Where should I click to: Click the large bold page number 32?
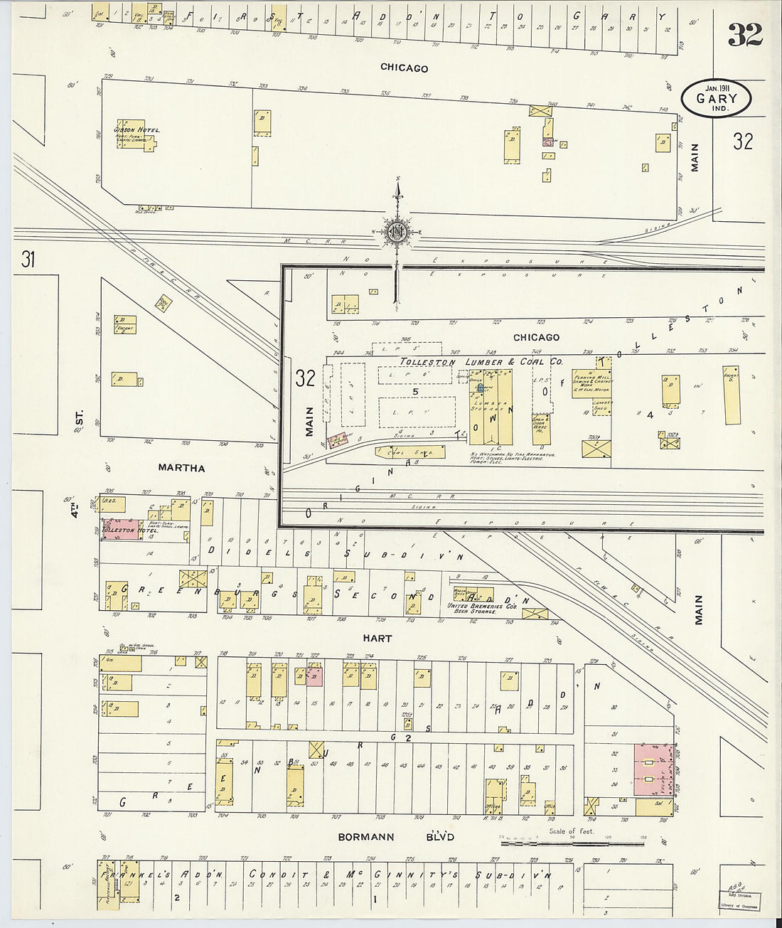[x=745, y=35]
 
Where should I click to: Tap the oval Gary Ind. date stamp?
[x=716, y=98]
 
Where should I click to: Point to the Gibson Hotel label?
[x=137, y=131]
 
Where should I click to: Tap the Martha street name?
[x=181, y=468]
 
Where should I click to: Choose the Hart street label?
[x=377, y=639]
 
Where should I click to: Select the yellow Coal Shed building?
[x=411, y=451]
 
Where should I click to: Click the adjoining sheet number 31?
[x=28, y=260]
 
